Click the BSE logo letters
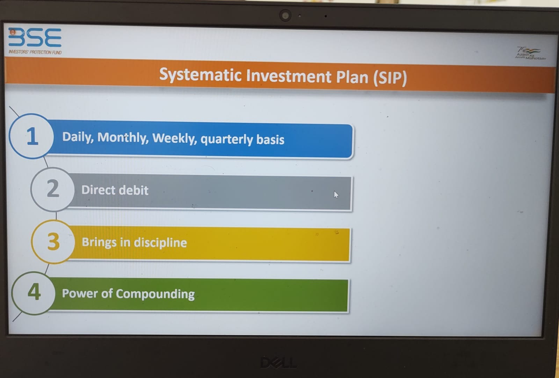coord(35,37)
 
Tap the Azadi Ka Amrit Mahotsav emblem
coord(530,53)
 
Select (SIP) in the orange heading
coord(390,78)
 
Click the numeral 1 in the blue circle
coord(32,136)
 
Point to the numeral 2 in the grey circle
coord(53,188)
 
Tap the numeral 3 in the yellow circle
coord(53,241)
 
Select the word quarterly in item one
coord(227,139)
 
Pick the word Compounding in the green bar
coord(155,294)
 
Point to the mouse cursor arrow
coord(336,195)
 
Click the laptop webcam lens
coord(285,16)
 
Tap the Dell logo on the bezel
coord(278,363)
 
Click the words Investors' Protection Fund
coord(35,52)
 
